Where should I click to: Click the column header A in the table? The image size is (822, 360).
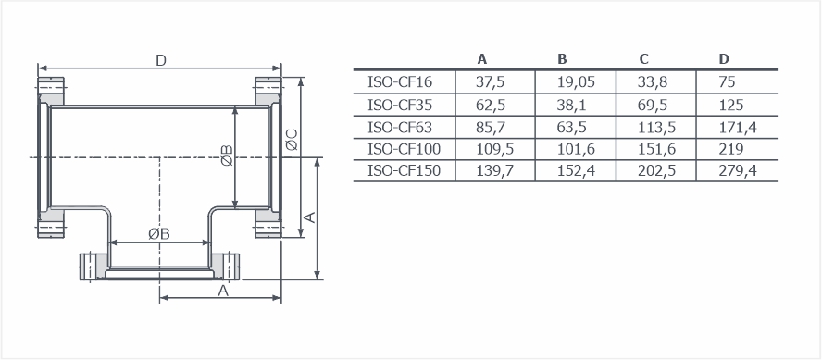click(x=482, y=59)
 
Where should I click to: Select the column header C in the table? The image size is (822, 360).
click(x=643, y=59)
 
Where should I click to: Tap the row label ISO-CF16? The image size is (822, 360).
click(x=400, y=82)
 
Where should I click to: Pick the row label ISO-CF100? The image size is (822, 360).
click(x=404, y=149)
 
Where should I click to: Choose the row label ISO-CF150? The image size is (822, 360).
click(x=404, y=171)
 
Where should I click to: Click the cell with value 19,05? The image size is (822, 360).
click(x=576, y=82)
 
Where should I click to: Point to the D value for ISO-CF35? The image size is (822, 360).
click(x=730, y=106)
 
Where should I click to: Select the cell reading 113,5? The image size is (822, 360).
click(x=656, y=128)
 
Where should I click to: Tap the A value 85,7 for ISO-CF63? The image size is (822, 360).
click(x=491, y=128)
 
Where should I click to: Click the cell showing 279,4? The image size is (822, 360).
click(x=738, y=171)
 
